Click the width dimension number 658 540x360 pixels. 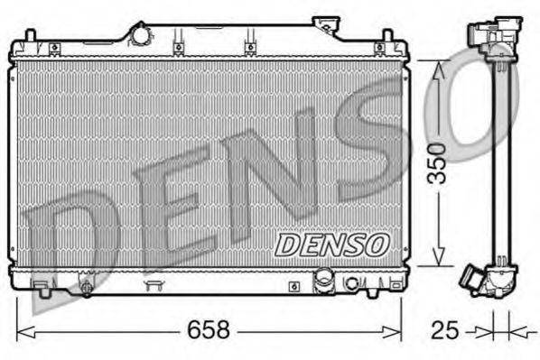209,330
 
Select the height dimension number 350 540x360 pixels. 438,162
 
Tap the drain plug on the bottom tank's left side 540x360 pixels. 86,289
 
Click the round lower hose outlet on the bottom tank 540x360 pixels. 322,283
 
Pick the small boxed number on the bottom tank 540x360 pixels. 294,287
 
